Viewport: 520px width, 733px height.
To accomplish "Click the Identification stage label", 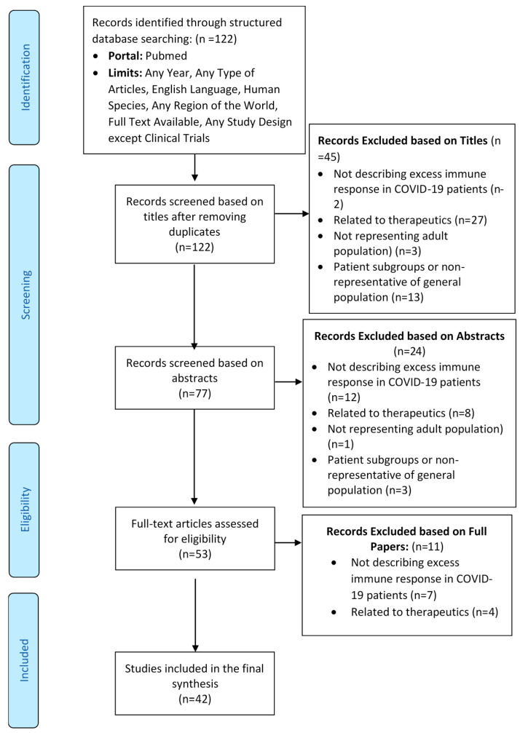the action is [x=25, y=77].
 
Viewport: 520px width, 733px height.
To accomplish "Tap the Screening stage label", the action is [x=25, y=295].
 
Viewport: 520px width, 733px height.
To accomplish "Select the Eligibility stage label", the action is [x=25, y=509].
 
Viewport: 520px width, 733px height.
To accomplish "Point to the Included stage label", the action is [x=24, y=660].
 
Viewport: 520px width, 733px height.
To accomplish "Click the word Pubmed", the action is [x=166, y=55].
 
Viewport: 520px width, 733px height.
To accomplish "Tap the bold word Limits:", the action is [x=125, y=73].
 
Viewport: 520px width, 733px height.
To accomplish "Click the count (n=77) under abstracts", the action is [x=194, y=394].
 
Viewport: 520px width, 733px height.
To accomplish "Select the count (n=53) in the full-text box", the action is [x=194, y=555].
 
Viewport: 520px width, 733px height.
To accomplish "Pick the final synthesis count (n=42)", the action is [x=194, y=700].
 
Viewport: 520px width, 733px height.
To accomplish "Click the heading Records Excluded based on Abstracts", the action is [x=409, y=336].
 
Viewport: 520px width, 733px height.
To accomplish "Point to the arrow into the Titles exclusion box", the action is [x=292, y=213].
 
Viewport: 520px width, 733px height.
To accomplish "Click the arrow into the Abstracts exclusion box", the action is [x=288, y=382].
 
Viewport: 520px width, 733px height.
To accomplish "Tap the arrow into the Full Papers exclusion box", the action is [x=288, y=543].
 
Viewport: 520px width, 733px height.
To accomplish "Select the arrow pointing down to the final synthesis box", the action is [x=195, y=615].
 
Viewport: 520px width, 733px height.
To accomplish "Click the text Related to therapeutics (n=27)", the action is [x=410, y=220].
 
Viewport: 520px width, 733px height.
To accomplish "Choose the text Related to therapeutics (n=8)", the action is [x=401, y=413].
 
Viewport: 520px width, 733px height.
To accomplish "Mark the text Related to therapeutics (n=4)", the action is [x=425, y=612].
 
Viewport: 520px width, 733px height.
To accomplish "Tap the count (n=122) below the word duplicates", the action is [x=194, y=247].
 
